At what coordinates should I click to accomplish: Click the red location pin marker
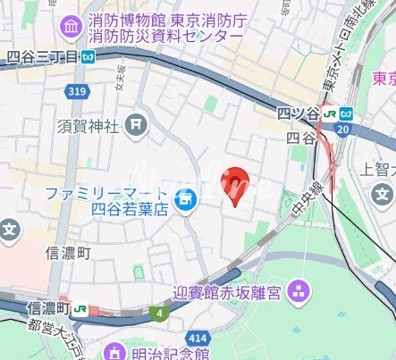(235, 185)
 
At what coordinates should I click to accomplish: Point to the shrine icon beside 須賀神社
(137, 125)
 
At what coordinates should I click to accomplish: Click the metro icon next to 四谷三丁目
(88, 55)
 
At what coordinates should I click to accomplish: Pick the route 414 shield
(200, 338)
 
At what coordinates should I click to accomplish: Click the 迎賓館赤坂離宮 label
(227, 291)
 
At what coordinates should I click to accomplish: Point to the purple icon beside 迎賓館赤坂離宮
(298, 290)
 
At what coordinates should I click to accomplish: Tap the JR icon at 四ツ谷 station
(331, 113)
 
